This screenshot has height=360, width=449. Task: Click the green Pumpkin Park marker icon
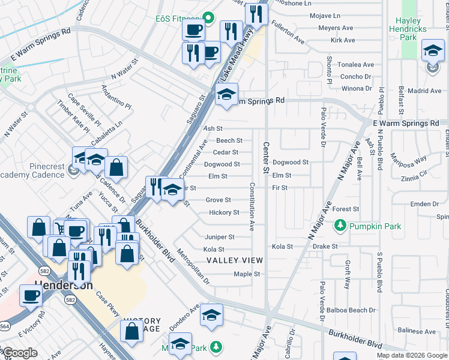(x=341, y=226)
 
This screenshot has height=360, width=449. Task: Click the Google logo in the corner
(x=20, y=353)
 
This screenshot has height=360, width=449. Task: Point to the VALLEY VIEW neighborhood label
(x=235, y=260)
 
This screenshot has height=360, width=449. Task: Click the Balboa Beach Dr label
(x=351, y=310)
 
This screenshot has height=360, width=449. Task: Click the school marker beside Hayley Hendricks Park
(x=432, y=52)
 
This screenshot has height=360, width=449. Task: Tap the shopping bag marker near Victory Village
(x=132, y=330)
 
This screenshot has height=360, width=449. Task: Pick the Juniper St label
(x=219, y=237)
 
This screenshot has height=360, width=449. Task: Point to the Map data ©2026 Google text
(x=411, y=355)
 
